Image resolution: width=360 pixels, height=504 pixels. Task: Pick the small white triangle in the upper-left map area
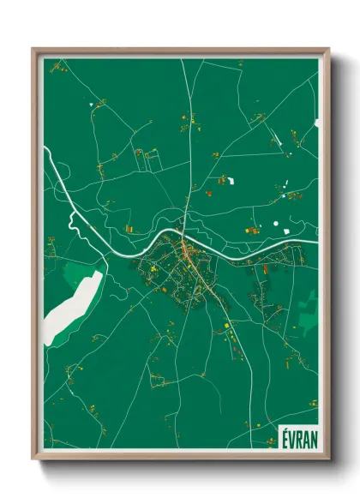(90, 105)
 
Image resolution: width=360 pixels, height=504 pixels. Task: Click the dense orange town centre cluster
(189, 252)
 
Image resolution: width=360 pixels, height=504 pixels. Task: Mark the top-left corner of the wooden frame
(33, 49)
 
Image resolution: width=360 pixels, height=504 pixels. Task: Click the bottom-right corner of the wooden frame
(328, 459)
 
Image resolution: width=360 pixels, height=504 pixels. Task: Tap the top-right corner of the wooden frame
(328, 49)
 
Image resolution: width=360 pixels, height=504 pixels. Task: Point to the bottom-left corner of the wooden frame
(33, 459)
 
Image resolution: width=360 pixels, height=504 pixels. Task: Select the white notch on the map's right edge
(316, 123)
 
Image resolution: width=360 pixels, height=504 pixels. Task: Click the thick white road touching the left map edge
(47, 154)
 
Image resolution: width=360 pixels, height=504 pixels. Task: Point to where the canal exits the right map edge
(316, 242)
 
